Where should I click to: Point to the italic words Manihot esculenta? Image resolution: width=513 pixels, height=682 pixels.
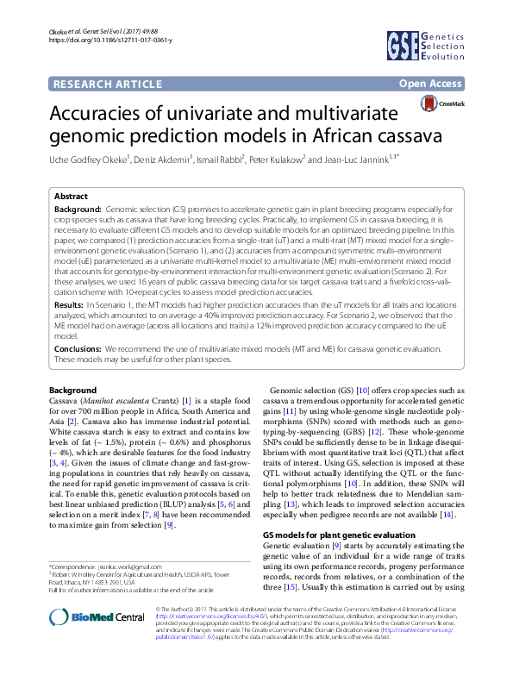115,401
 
